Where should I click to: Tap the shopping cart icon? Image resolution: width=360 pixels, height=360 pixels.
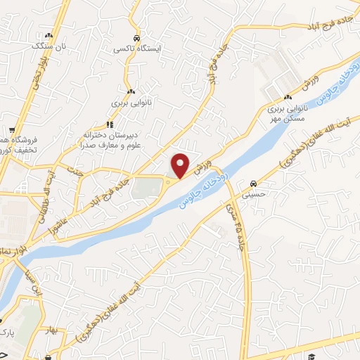(x=12, y=130)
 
